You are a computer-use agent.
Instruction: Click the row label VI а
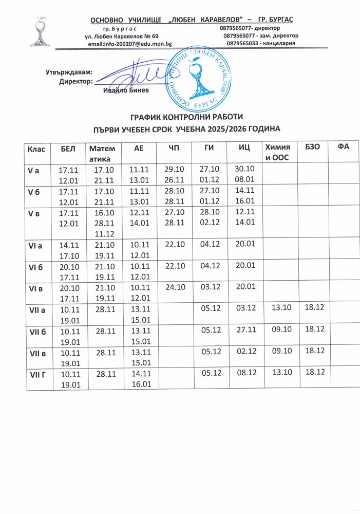point(35,246)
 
